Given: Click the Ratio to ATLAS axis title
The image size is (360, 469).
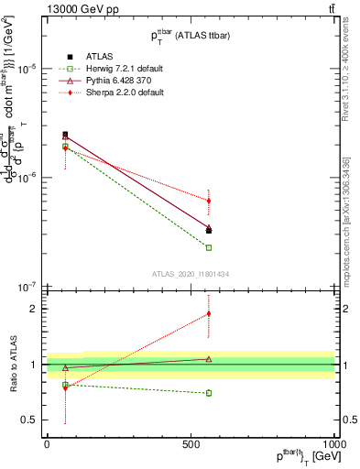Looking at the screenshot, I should pyautogui.click(x=11, y=364).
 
